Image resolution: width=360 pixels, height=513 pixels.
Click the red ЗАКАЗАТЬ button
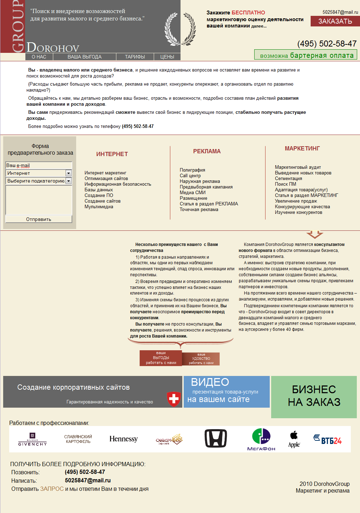335,21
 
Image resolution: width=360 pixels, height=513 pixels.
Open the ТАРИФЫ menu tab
135,57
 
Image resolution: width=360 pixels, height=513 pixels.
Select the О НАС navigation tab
39,57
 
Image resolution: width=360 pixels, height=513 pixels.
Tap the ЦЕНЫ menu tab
167,57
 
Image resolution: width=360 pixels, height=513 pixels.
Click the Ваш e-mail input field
39,165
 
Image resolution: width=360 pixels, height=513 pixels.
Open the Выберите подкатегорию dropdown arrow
69,181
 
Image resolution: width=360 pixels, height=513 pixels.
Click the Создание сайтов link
103,201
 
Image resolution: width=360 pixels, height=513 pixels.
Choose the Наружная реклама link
200,181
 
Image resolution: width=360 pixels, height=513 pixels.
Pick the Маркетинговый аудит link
298,167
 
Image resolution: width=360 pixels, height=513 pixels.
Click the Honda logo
216,439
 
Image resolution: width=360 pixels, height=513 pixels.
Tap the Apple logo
294,439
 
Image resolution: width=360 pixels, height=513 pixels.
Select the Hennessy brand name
123,439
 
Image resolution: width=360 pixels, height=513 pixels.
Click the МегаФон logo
261,439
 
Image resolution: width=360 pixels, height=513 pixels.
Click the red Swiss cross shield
173,399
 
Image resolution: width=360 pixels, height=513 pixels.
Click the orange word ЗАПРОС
52,489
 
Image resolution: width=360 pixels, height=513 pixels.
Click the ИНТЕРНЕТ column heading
112,154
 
